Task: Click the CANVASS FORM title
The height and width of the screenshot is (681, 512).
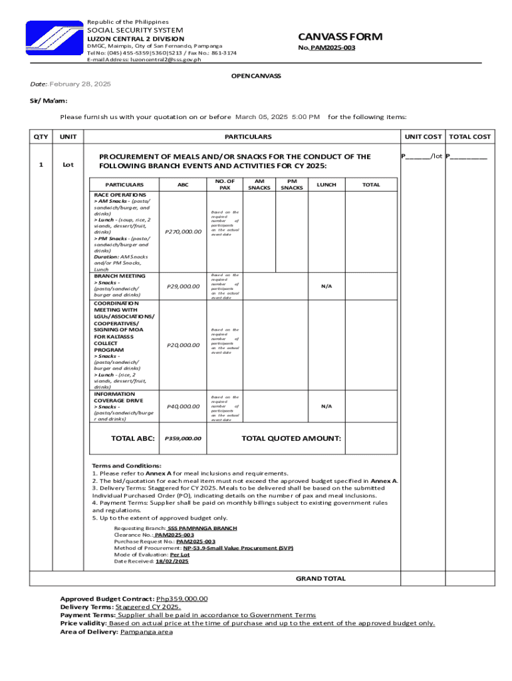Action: [x=339, y=36]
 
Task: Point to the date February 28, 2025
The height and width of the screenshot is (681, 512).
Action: [x=80, y=84]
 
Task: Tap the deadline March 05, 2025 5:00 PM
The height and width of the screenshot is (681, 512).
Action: [x=277, y=116]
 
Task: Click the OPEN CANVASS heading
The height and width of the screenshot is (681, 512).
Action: [x=256, y=76]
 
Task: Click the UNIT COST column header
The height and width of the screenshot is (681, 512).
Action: [x=424, y=136]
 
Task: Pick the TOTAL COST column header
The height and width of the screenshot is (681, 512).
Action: [x=469, y=136]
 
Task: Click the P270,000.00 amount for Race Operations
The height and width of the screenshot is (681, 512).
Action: [x=182, y=231]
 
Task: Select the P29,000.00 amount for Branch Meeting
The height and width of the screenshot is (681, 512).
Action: [x=182, y=286]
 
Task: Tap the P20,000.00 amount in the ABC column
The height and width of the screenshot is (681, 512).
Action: [x=182, y=345]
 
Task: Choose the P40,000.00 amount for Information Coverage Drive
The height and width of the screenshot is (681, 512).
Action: [x=182, y=406]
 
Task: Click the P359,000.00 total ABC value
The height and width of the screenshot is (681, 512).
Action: [x=182, y=439]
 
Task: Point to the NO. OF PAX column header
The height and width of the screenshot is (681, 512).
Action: [x=225, y=184]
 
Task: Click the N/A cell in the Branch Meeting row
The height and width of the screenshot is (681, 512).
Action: [x=326, y=286]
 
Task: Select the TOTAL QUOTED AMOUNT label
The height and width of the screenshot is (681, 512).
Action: [x=291, y=438]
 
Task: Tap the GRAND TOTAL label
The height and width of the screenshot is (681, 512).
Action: [x=320, y=579]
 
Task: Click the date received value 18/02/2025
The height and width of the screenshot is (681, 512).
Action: [x=172, y=561]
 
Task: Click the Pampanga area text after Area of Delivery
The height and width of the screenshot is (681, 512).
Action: [x=146, y=632]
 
